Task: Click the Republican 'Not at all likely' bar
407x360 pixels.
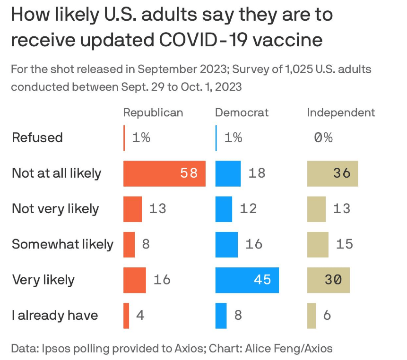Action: point(164,173)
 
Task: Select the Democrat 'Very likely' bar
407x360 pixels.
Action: point(247,280)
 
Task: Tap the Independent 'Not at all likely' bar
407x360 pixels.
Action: point(332,173)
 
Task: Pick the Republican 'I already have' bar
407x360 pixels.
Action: point(126,315)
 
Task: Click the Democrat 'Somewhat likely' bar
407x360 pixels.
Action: point(226,244)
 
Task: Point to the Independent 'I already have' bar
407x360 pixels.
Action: point(312,315)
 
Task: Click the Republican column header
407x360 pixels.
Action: point(153,112)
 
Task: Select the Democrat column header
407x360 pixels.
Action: point(242,112)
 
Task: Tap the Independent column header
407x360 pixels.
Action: point(341,112)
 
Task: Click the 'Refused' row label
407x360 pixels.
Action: point(37,137)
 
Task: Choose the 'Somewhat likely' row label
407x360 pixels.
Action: point(62,244)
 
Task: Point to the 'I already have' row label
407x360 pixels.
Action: point(55,315)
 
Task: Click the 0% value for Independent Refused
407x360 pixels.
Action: point(323,137)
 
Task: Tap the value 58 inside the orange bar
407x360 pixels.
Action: point(189,173)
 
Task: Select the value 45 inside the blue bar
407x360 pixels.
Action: point(262,280)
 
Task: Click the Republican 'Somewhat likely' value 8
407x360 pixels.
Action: point(146,244)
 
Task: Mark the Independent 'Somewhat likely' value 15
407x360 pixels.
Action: point(345,244)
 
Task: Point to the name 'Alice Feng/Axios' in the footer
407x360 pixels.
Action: point(291,349)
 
